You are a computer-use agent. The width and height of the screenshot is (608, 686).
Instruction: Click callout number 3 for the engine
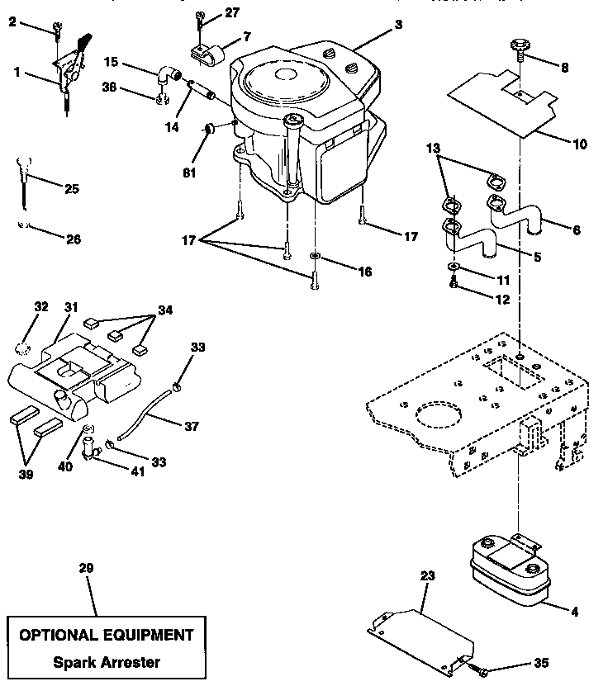(x=398, y=25)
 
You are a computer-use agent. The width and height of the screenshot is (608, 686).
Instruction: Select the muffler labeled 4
(x=507, y=569)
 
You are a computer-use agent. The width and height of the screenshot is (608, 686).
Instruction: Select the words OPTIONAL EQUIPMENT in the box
(x=106, y=635)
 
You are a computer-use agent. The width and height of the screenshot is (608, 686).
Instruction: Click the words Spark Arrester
(x=106, y=662)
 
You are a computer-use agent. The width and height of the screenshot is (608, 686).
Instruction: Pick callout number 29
(x=86, y=568)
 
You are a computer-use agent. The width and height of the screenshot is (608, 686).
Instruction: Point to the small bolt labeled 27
(x=200, y=16)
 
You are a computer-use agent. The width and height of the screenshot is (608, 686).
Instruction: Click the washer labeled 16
(x=315, y=258)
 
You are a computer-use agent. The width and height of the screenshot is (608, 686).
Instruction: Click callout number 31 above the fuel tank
(x=71, y=308)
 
